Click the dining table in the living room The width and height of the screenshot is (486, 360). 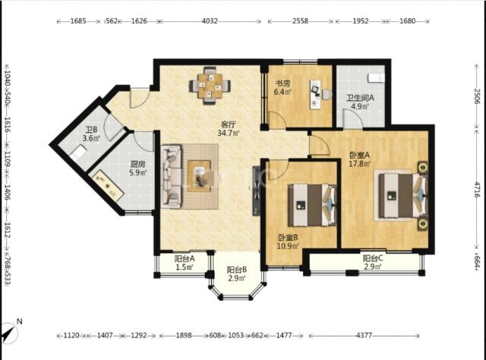click(x=210, y=86)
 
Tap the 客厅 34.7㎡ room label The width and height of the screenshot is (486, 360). click(x=229, y=129)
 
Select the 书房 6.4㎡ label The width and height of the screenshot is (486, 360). click(x=282, y=87)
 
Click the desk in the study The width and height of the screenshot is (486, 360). click(x=316, y=95)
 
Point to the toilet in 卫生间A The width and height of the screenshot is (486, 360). click(x=376, y=78)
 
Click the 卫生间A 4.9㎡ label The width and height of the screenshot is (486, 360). click(x=360, y=102)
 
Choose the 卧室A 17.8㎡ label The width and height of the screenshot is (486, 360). click(x=359, y=159)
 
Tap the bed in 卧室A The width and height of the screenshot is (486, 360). click(x=402, y=195)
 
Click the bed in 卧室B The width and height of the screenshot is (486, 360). click(x=312, y=205)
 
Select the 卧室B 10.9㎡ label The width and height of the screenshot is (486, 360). click(x=288, y=242)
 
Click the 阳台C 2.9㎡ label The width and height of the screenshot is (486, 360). click(x=373, y=262)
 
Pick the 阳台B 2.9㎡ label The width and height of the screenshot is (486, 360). click(x=237, y=274)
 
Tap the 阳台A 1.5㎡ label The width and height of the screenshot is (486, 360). click(x=185, y=262)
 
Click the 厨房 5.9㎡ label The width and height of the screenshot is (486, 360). click(x=137, y=168)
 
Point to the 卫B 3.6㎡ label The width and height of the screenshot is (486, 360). click(x=91, y=134)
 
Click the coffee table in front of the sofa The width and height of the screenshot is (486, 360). click(x=199, y=175)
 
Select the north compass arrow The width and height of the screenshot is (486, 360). click(x=9, y=333)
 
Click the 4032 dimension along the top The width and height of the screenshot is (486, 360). click(x=210, y=21)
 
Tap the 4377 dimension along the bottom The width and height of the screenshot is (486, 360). click(x=364, y=335)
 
